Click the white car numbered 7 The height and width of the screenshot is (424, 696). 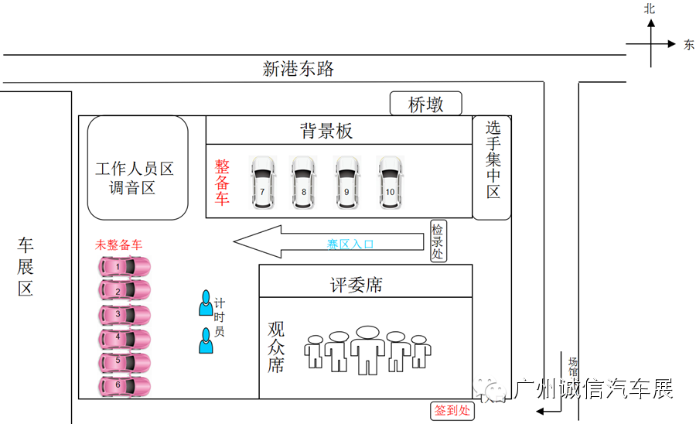pos(263,183)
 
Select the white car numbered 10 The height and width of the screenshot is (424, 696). pos(391,183)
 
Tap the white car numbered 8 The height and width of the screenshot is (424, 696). pos(304,183)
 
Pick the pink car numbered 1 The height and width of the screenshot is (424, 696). pos(124,267)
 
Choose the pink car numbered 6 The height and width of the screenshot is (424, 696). pos(124,385)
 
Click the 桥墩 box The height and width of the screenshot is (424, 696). pos(425,104)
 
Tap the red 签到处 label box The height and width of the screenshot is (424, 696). pos(452,411)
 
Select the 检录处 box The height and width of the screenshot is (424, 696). pos(438,241)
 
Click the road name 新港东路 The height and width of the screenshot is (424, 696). pos(299,69)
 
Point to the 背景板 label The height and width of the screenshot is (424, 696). pos(326,131)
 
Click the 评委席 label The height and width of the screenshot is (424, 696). pos(357,285)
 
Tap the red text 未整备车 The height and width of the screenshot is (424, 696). pos(118,244)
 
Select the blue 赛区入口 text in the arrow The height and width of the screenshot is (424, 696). pos(350,244)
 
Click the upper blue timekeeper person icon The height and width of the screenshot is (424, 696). pos(206,303)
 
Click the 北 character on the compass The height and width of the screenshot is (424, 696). pos(650,9)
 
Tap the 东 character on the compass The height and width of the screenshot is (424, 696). pos(688,45)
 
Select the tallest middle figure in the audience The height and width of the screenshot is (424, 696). pos(367,350)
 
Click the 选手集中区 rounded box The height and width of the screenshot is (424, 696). pos(493,167)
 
